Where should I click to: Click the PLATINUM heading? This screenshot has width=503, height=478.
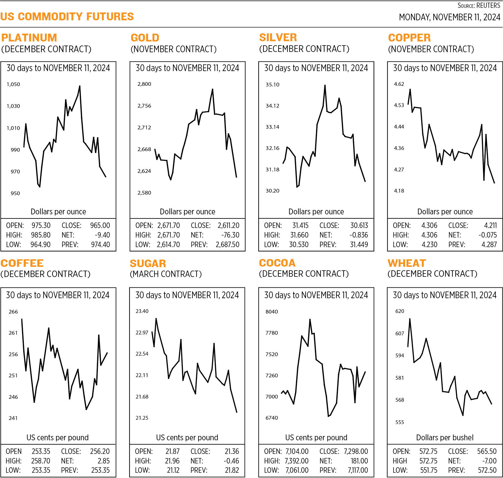tap(29, 38)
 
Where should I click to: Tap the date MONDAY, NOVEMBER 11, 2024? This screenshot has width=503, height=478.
tap(449, 17)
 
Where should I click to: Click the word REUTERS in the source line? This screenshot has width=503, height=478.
tap(488, 6)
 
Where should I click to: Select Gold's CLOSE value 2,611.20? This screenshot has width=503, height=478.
tap(228, 225)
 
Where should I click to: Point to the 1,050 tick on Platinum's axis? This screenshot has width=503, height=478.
tap(13, 84)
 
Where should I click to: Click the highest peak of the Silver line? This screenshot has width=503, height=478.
tap(325, 85)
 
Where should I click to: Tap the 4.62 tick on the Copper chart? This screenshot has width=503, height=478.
tap(399, 84)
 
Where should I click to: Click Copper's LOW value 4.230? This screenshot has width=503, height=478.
tap(429, 245)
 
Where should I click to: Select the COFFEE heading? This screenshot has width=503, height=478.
tap(22, 263)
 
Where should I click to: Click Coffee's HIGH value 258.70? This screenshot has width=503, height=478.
tap(41, 461)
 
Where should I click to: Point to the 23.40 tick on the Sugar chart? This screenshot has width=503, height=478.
tap(142, 311)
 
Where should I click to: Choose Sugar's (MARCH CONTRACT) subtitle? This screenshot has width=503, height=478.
tap(165, 274)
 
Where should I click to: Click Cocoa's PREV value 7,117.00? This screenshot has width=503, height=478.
tap(358, 470)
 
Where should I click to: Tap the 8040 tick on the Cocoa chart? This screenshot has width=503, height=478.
tap(272, 312)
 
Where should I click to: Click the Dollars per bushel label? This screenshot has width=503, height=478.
tap(445, 437)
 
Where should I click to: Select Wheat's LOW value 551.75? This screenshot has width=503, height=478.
tap(429, 470)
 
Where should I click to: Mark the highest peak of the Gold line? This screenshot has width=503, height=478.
tap(212, 89)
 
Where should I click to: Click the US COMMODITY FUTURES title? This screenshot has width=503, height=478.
tap(67, 17)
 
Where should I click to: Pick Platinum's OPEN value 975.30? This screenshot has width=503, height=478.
tap(41, 225)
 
